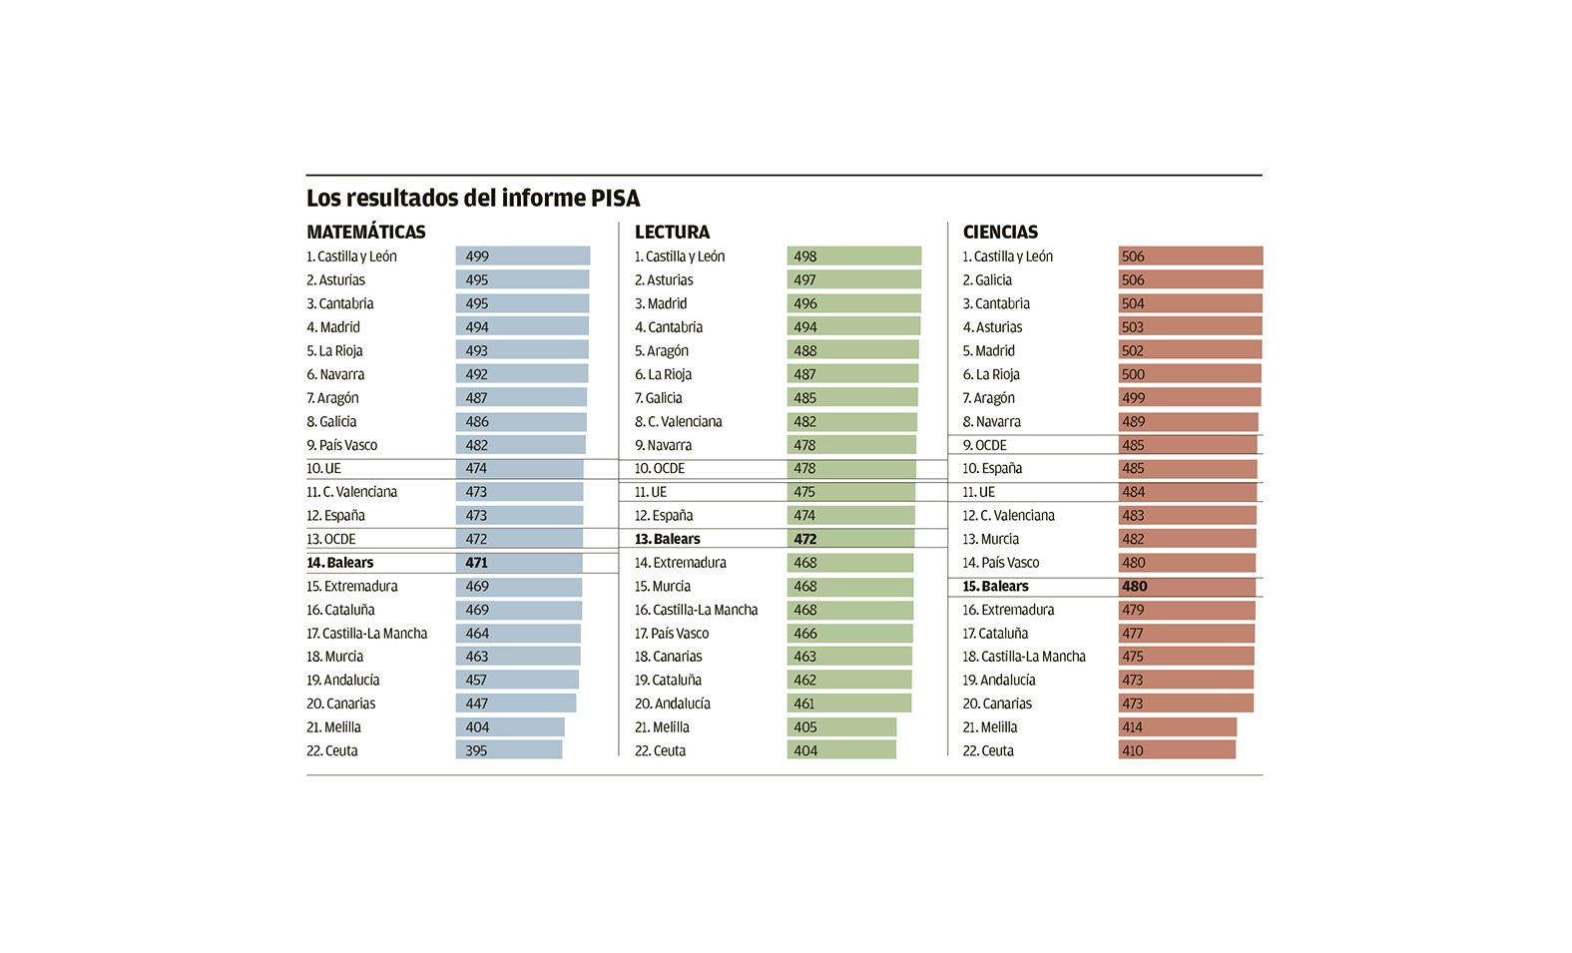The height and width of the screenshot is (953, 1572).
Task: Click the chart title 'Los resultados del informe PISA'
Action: [x=473, y=198]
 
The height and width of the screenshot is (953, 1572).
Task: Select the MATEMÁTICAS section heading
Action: [x=365, y=232]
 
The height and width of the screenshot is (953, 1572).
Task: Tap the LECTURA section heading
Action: [x=672, y=232]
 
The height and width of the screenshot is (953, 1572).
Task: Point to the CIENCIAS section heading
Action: [x=1000, y=232]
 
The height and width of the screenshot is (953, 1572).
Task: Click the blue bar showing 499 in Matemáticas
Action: [x=523, y=256]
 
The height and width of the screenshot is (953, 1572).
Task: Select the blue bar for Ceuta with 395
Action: [x=509, y=750]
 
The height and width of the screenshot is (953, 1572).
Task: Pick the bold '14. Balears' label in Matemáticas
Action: [x=340, y=563]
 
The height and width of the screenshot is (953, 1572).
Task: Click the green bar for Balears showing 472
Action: [x=850, y=539]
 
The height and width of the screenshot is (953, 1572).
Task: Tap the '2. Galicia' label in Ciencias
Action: [x=987, y=280]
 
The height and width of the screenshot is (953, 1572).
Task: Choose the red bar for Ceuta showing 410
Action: [x=1177, y=750]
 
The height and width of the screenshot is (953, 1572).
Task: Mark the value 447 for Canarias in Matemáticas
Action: [x=477, y=704]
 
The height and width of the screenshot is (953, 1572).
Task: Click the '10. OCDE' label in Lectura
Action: [x=660, y=468]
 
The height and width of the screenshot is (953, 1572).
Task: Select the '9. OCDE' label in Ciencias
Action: [x=985, y=445]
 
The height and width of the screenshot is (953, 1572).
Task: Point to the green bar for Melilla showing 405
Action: [x=841, y=727]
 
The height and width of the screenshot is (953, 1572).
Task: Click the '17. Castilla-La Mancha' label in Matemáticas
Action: [x=367, y=634]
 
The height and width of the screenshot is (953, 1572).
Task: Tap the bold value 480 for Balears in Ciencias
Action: [x=1135, y=587]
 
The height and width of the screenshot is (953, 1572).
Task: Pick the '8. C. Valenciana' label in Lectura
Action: [x=679, y=422]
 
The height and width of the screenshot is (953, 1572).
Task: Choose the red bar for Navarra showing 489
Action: [x=1188, y=422]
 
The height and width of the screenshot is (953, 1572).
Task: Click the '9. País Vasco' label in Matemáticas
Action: [x=342, y=445]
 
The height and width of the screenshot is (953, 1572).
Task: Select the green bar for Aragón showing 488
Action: [x=852, y=351]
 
